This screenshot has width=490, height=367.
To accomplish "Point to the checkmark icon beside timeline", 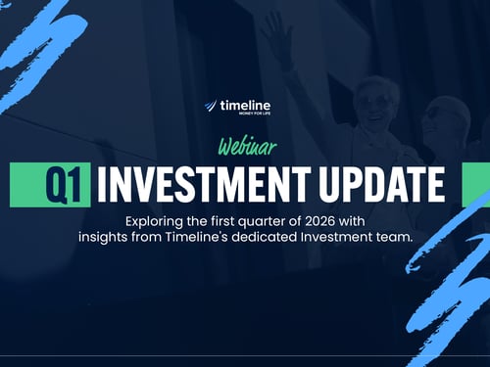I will pos(211,106).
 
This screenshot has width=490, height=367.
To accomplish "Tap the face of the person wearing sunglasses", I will pos(375,103).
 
